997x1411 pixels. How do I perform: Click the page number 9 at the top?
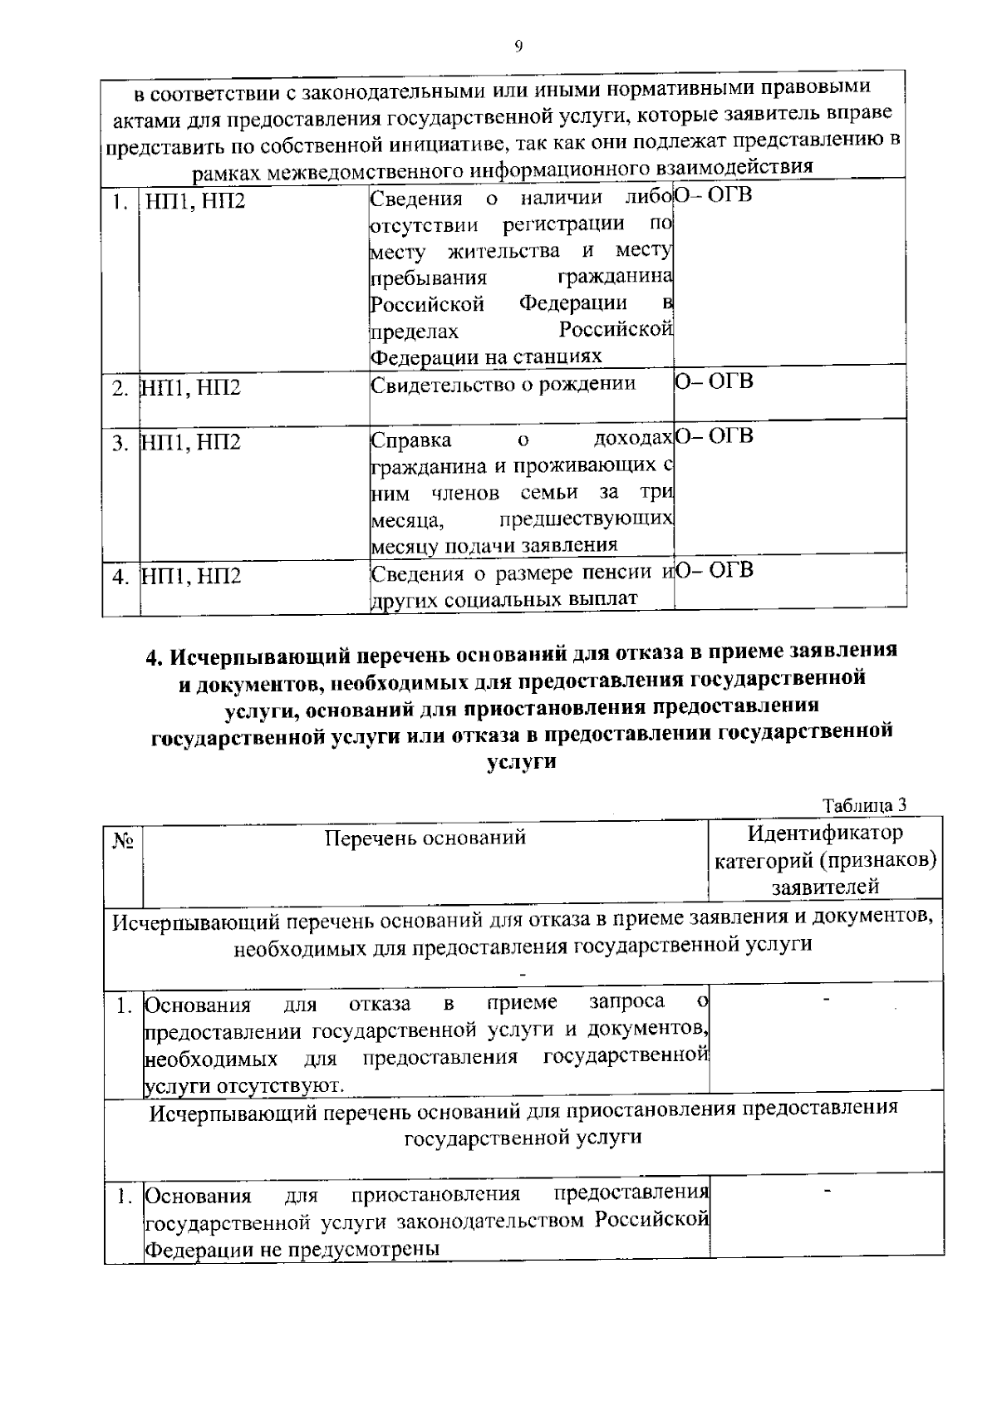[518, 47]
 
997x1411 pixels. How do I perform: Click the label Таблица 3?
[863, 805]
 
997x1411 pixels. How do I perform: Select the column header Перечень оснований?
[425, 838]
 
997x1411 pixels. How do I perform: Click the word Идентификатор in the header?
[825, 833]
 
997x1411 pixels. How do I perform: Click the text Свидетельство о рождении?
[503, 384]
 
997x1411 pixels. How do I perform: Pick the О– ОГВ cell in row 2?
[714, 381]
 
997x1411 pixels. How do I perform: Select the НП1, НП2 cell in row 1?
[195, 201]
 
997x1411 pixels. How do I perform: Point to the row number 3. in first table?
[120, 442]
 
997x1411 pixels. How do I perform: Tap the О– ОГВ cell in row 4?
[714, 570]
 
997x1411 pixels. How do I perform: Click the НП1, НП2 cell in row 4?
[190, 576]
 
